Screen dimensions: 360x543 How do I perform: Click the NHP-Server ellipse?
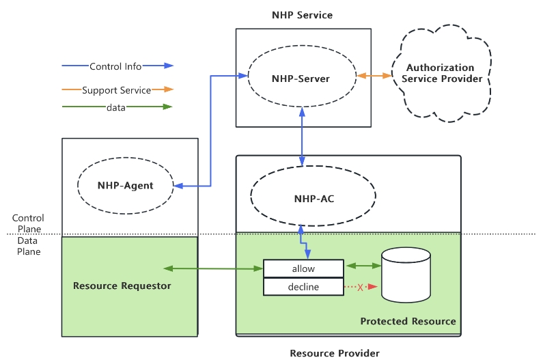[x=301, y=79]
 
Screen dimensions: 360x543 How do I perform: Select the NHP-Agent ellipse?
[x=125, y=185]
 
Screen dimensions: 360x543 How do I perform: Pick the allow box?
[x=303, y=268]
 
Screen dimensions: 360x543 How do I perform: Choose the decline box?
[x=303, y=287]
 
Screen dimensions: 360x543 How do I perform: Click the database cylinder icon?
[x=406, y=275]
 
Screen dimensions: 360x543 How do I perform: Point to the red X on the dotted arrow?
[x=360, y=287]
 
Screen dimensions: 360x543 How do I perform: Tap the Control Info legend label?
[x=115, y=66]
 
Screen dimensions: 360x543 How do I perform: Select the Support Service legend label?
[x=116, y=89]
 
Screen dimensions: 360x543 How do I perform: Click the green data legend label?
[x=115, y=107]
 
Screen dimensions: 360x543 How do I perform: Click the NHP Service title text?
[x=302, y=14]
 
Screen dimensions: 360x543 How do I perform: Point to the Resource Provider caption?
[x=335, y=352]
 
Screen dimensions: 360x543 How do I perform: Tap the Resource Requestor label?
[x=122, y=286]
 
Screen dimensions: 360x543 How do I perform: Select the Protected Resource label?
[x=408, y=321]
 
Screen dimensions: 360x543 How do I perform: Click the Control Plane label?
[x=28, y=223]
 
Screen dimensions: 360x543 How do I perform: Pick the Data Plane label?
[x=28, y=246]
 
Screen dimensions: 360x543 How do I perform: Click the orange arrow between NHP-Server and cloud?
[x=374, y=76]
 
